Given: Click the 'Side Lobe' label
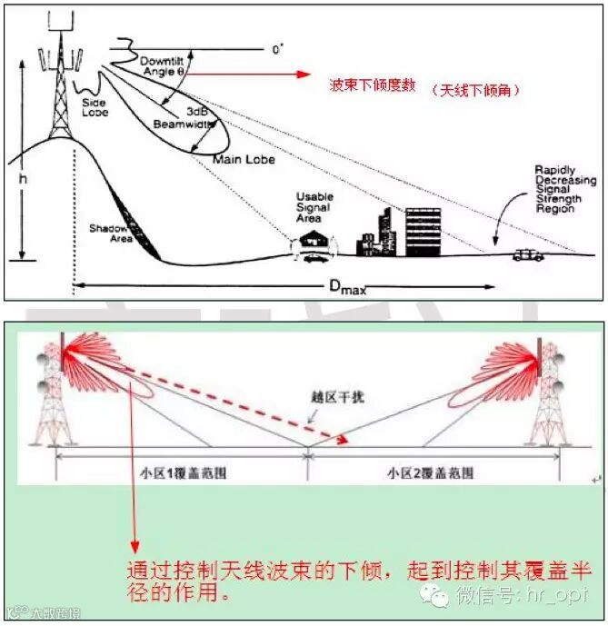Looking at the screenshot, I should click(x=119, y=107).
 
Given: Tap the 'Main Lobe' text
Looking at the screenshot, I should click(x=244, y=159).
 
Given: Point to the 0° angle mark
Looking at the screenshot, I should click(x=277, y=49).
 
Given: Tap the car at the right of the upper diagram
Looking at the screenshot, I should click(x=528, y=255).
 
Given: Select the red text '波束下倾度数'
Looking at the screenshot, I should click(x=373, y=87).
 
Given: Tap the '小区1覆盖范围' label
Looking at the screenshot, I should click(x=178, y=473).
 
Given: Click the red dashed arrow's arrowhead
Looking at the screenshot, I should click(x=344, y=441).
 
